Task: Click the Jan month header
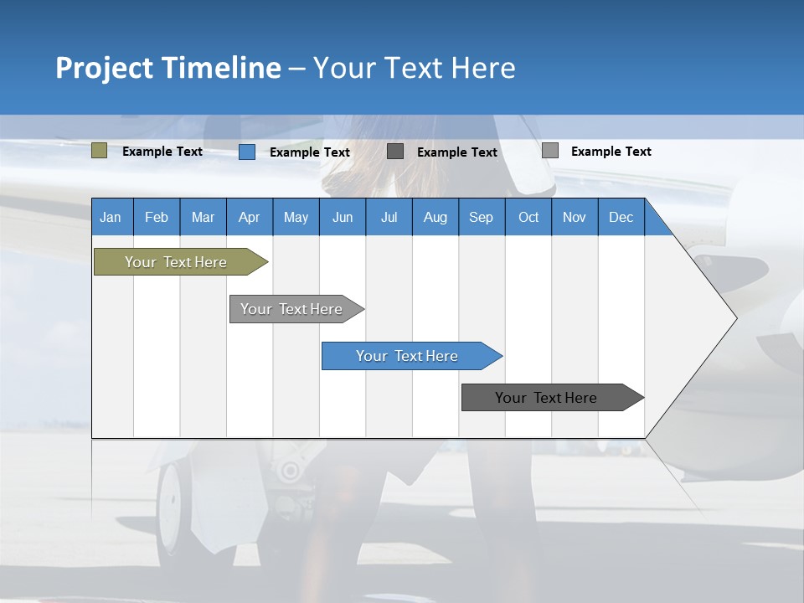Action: click(x=111, y=217)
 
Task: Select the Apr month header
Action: click(x=249, y=217)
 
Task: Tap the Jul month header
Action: click(x=389, y=217)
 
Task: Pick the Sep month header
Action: click(x=481, y=217)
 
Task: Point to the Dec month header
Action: click(x=621, y=217)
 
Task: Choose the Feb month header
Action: click(x=157, y=217)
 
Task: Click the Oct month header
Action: click(x=528, y=217)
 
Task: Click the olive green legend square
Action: click(x=99, y=151)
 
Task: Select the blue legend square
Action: click(x=247, y=152)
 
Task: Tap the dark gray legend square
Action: click(x=395, y=152)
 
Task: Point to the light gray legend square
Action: click(x=550, y=151)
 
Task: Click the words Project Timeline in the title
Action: click(x=168, y=68)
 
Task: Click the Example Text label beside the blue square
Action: click(x=310, y=152)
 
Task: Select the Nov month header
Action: click(x=575, y=217)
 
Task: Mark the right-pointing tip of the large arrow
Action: click(x=734, y=318)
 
